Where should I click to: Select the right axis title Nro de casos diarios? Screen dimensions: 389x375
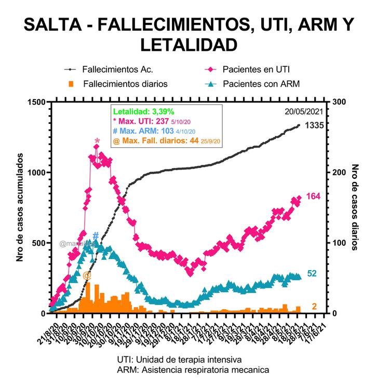355,207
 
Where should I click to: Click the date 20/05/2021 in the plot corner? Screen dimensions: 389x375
304,111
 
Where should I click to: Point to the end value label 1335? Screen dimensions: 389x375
315,126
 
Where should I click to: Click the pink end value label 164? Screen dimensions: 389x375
314,196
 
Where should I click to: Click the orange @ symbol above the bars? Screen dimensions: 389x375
87,275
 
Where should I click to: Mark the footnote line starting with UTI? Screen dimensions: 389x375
179,359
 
